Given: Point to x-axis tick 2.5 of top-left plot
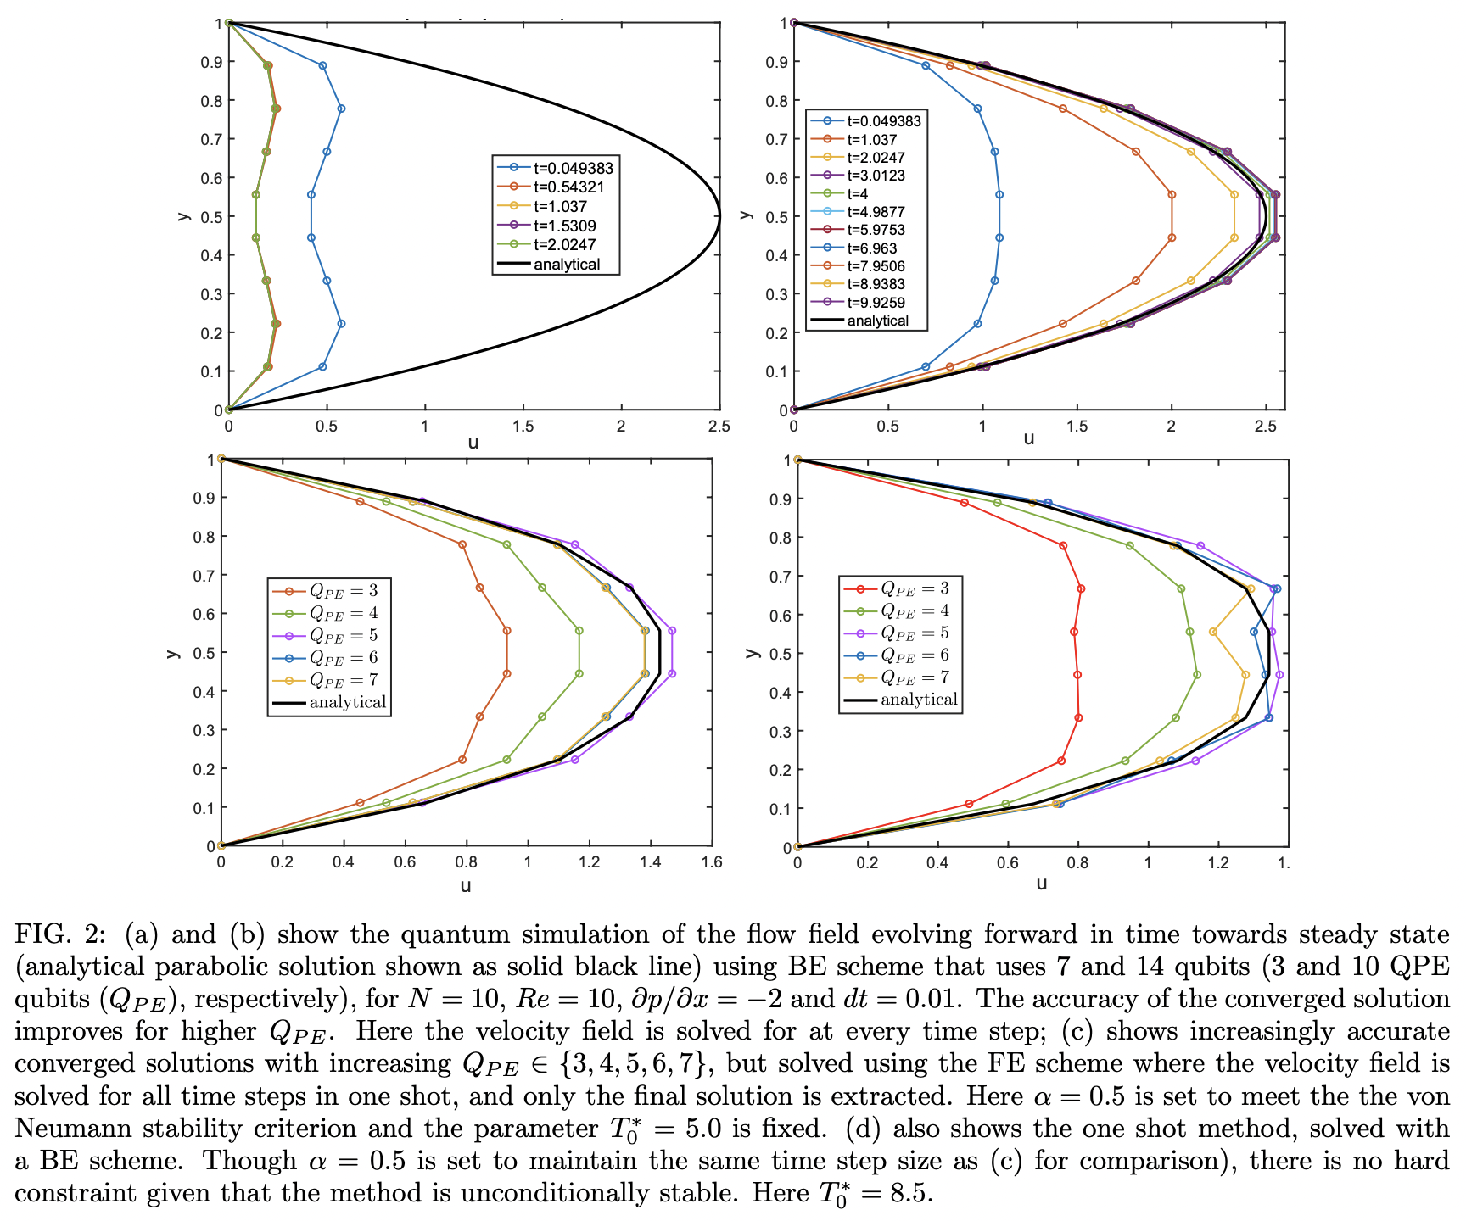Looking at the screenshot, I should coord(719,427).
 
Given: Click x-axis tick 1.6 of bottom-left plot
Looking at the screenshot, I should coord(712,862).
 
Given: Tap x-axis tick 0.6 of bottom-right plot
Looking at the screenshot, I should coord(1007,863).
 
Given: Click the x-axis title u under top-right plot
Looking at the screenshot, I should coord(1028,438).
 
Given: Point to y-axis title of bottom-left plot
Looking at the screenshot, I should coord(173,653).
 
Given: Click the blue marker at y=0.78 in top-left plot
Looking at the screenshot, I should coord(341,109).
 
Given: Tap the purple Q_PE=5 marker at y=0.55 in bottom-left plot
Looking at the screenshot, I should coord(672,631).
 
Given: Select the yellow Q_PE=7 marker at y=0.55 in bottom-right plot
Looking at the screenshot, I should coord(1213,632).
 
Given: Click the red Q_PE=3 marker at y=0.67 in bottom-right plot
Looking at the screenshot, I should coord(1081,588).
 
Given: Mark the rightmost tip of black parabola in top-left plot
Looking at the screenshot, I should coord(719,216).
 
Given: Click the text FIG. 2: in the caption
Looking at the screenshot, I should coord(59,934).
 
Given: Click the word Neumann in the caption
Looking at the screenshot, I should coord(75,1129).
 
